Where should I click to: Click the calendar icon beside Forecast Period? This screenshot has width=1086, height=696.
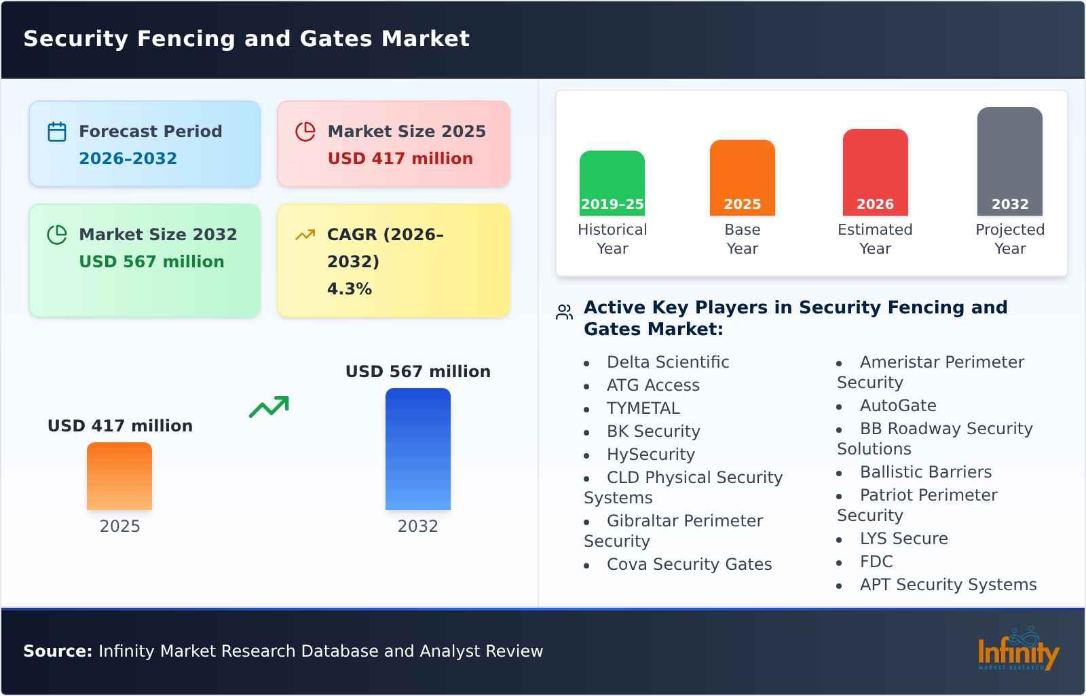(x=57, y=132)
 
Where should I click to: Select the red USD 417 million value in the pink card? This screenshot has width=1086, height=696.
(x=400, y=159)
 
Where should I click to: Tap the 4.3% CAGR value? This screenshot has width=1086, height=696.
(x=349, y=289)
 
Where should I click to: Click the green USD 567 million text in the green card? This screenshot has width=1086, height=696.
(x=151, y=262)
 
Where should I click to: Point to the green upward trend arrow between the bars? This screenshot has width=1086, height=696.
(x=269, y=407)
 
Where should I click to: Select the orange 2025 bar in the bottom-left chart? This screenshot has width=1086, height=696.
(x=119, y=476)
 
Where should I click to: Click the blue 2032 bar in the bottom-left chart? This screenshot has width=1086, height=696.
(x=417, y=449)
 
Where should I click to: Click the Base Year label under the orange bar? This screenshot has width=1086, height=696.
(x=742, y=239)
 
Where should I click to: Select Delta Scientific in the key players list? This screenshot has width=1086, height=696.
(x=667, y=362)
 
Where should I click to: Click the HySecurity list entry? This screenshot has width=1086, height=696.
(x=650, y=455)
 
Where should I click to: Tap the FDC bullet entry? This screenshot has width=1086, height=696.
(x=876, y=562)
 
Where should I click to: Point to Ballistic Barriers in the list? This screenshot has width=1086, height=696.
(x=925, y=472)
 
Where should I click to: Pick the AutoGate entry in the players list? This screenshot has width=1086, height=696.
(x=897, y=406)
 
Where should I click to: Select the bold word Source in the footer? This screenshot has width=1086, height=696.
(x=57, y=651)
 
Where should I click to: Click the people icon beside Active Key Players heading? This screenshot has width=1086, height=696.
(x=564, y=312)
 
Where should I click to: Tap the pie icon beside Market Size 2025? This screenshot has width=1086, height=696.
(x=305, y=132)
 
